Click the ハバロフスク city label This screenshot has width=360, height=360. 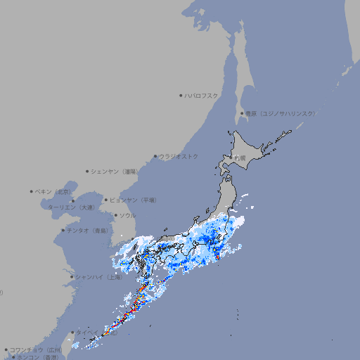pos(202,95)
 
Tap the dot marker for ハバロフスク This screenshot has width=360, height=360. pos(181,95)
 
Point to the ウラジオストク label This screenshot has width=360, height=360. pos(179,156)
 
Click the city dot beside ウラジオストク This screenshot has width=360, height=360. pos(155,156)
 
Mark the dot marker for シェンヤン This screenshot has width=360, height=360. pos(87,171)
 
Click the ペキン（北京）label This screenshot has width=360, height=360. pos(54,191)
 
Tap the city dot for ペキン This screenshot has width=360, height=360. pos(32,191)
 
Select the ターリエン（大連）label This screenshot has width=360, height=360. pos(71,207)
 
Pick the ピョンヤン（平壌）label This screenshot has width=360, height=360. pos(134,200)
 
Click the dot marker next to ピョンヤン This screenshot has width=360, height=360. pos(107,200)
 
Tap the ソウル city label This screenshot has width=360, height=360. pos(127,215)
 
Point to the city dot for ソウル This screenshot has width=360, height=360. pos(115,215)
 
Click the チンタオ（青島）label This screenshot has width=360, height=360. pos(88,230)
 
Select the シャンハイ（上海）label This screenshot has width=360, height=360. pos(99,277)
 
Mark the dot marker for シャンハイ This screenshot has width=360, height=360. pos(72,277)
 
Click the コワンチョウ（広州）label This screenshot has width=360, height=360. pos(36,349)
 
